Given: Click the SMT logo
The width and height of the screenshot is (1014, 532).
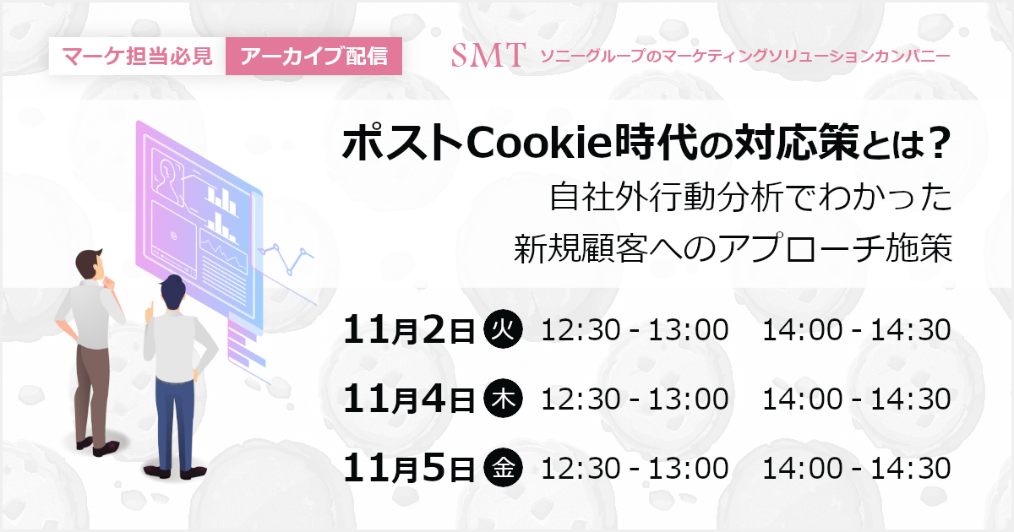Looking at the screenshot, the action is [488, 56].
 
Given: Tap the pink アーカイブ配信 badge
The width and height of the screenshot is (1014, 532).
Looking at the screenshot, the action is [313, 56].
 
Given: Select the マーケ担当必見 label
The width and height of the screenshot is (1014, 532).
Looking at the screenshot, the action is [137, 56].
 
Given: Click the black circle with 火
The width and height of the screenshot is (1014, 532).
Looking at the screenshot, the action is [503, 328].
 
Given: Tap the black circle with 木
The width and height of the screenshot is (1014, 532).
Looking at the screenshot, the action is [503, 399].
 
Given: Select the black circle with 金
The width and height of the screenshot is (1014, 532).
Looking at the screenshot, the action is [503, 468].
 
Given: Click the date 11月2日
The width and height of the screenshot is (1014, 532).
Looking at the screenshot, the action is [409, 330].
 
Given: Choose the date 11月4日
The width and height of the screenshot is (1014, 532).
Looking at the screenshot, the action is [409, 399].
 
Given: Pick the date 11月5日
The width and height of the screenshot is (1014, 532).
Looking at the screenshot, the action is [409, 468].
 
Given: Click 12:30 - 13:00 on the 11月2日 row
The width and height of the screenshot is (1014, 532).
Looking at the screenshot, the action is [635, 330].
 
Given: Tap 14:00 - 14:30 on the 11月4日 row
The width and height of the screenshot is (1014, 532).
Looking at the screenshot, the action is [857, 399].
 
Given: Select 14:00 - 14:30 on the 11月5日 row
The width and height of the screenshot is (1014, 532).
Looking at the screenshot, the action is [857, 468].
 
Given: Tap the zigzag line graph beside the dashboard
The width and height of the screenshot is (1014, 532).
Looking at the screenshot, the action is [286, 258].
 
